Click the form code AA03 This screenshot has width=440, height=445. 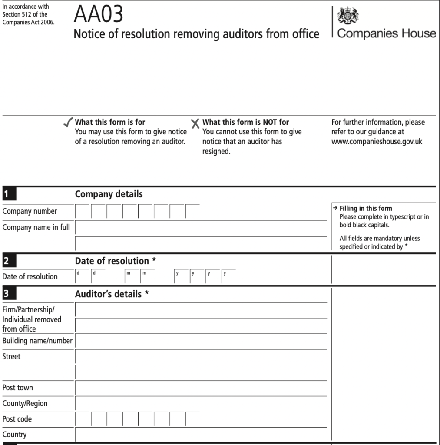point(99,14)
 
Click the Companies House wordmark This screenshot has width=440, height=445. point(387,33)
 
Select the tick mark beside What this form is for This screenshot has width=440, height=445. point(68,123)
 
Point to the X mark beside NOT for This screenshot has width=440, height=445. point(195,124)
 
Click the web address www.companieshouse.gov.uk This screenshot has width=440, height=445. point(377,141)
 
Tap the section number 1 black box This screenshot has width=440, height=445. point(8,194)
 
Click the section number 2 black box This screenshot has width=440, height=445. point(8,261)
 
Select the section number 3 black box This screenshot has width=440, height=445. point(8,294)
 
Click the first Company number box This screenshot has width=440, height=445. point(83,212)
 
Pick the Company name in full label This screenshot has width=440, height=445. point(36,227)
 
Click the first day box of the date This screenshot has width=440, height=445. point(83,277)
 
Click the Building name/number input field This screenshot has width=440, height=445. point(201,342)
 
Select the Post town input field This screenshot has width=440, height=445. point(201,388)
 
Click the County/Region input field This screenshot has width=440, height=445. point(201,404)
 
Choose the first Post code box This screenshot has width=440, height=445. point(83,419)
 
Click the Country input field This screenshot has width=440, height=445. point(201,435)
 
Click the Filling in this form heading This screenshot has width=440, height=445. point(366,209)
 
